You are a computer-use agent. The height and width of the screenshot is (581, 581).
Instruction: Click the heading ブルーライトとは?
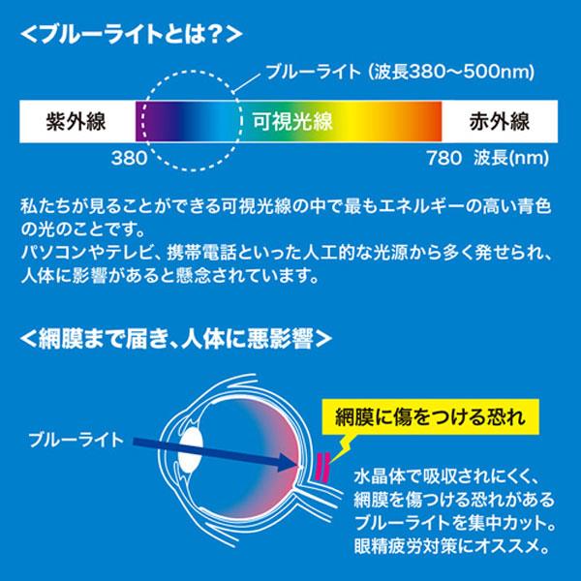pos(131,35)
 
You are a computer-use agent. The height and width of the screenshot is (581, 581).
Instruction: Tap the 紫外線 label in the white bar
pos(76,121)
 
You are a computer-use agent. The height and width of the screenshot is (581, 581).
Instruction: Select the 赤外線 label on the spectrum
pos(499,121)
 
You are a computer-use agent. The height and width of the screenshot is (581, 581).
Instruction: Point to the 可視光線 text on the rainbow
pos(292,121)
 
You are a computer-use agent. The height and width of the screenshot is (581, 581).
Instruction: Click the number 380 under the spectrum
pos(129,158)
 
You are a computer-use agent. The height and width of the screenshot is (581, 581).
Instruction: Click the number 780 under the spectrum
pos(443,158)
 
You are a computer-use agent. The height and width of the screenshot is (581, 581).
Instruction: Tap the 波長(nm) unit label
pos(511,158)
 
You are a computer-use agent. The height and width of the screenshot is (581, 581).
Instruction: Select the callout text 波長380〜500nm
pos(451,72)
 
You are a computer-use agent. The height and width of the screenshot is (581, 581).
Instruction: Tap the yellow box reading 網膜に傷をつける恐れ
pos(430,416)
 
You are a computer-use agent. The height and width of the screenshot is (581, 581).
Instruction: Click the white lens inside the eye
pos(191,451)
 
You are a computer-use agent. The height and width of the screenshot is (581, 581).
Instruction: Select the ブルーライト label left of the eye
pos(76,440)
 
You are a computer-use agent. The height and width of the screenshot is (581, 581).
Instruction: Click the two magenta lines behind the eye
pos(322,467)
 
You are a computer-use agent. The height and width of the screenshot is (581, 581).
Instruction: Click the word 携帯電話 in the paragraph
pos(202,254)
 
